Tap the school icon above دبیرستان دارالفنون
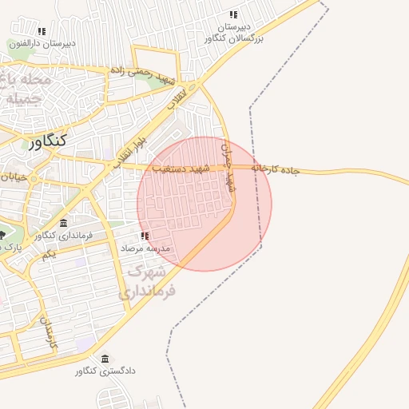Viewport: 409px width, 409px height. [x=42, y=31]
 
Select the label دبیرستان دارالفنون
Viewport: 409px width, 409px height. [x=42, y=44]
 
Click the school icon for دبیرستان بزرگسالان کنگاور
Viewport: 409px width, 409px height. [x=233, y=14]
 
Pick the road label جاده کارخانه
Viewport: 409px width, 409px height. [x=274, y=169]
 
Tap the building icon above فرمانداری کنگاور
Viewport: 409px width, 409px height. [x=63, y=222]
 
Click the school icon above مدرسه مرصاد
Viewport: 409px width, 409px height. [x=145, y=236]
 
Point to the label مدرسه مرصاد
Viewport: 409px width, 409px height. [x=145, y=249]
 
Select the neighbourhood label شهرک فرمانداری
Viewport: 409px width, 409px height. [x=145, y=283]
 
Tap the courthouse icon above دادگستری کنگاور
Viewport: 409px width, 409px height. [x=105, y=358]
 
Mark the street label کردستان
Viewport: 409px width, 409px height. [x=50, y=332]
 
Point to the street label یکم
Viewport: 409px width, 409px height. [x=49, y=254]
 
